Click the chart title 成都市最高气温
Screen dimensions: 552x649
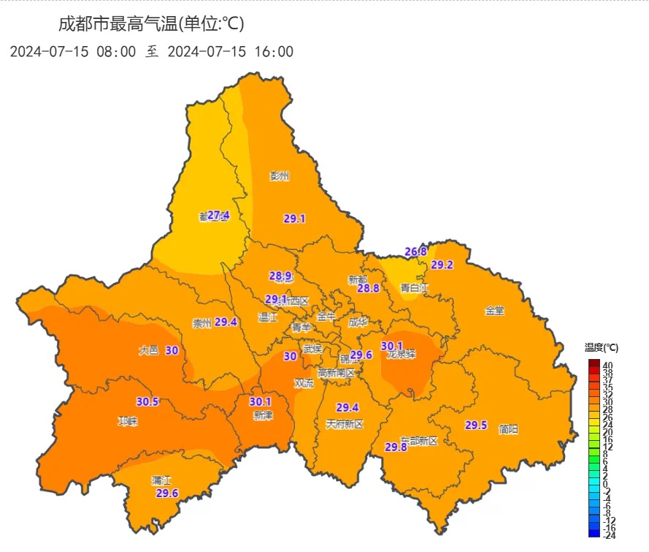151,24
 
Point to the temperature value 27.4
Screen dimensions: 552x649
218,215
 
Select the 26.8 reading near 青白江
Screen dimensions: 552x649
415,252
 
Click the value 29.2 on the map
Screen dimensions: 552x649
442,265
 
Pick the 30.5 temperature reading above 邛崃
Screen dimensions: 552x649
147,401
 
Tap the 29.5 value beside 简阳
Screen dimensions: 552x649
476,426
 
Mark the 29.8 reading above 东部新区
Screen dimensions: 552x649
396,447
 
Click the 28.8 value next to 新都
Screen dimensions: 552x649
368,288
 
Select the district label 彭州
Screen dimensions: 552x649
280,176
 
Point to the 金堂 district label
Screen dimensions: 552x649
494,311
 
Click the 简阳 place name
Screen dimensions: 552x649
508,430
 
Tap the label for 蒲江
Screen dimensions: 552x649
161,480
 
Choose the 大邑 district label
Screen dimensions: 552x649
148,351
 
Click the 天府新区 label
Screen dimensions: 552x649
345,424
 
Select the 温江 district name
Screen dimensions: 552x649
268,318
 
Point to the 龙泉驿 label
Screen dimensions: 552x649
401,355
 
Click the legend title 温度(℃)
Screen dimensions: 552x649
602,347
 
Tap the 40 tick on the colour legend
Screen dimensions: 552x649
607,365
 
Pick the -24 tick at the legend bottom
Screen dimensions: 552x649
609,534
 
